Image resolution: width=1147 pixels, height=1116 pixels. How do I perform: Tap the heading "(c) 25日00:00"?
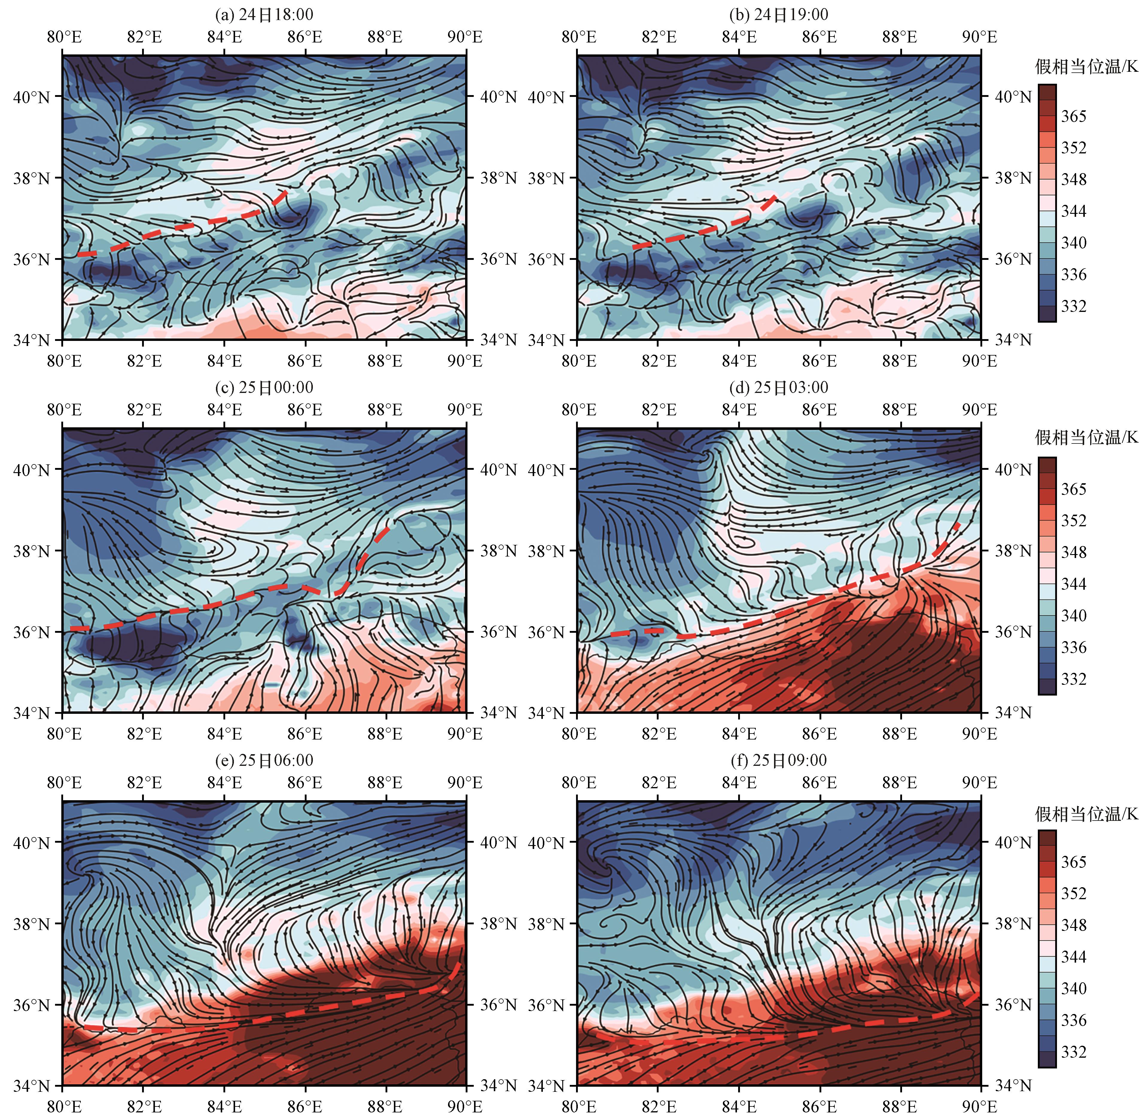click(264, 388)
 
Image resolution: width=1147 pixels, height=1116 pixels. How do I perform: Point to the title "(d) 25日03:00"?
click(779, 388)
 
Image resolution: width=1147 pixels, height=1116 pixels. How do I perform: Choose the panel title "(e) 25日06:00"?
click(264, 760)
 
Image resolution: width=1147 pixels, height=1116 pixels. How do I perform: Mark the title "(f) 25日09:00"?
click(779, 760)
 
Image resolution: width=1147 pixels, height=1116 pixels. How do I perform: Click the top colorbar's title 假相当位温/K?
click(1086, 67)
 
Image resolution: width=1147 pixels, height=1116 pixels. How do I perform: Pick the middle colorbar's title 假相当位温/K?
click(1086, 437)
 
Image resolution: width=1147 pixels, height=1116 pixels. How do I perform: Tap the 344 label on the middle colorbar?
click(1074, 584)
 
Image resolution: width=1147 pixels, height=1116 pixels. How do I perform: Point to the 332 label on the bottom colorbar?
click(1074, 1052)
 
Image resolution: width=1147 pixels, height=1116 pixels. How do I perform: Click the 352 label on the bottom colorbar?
click(1074, 893)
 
